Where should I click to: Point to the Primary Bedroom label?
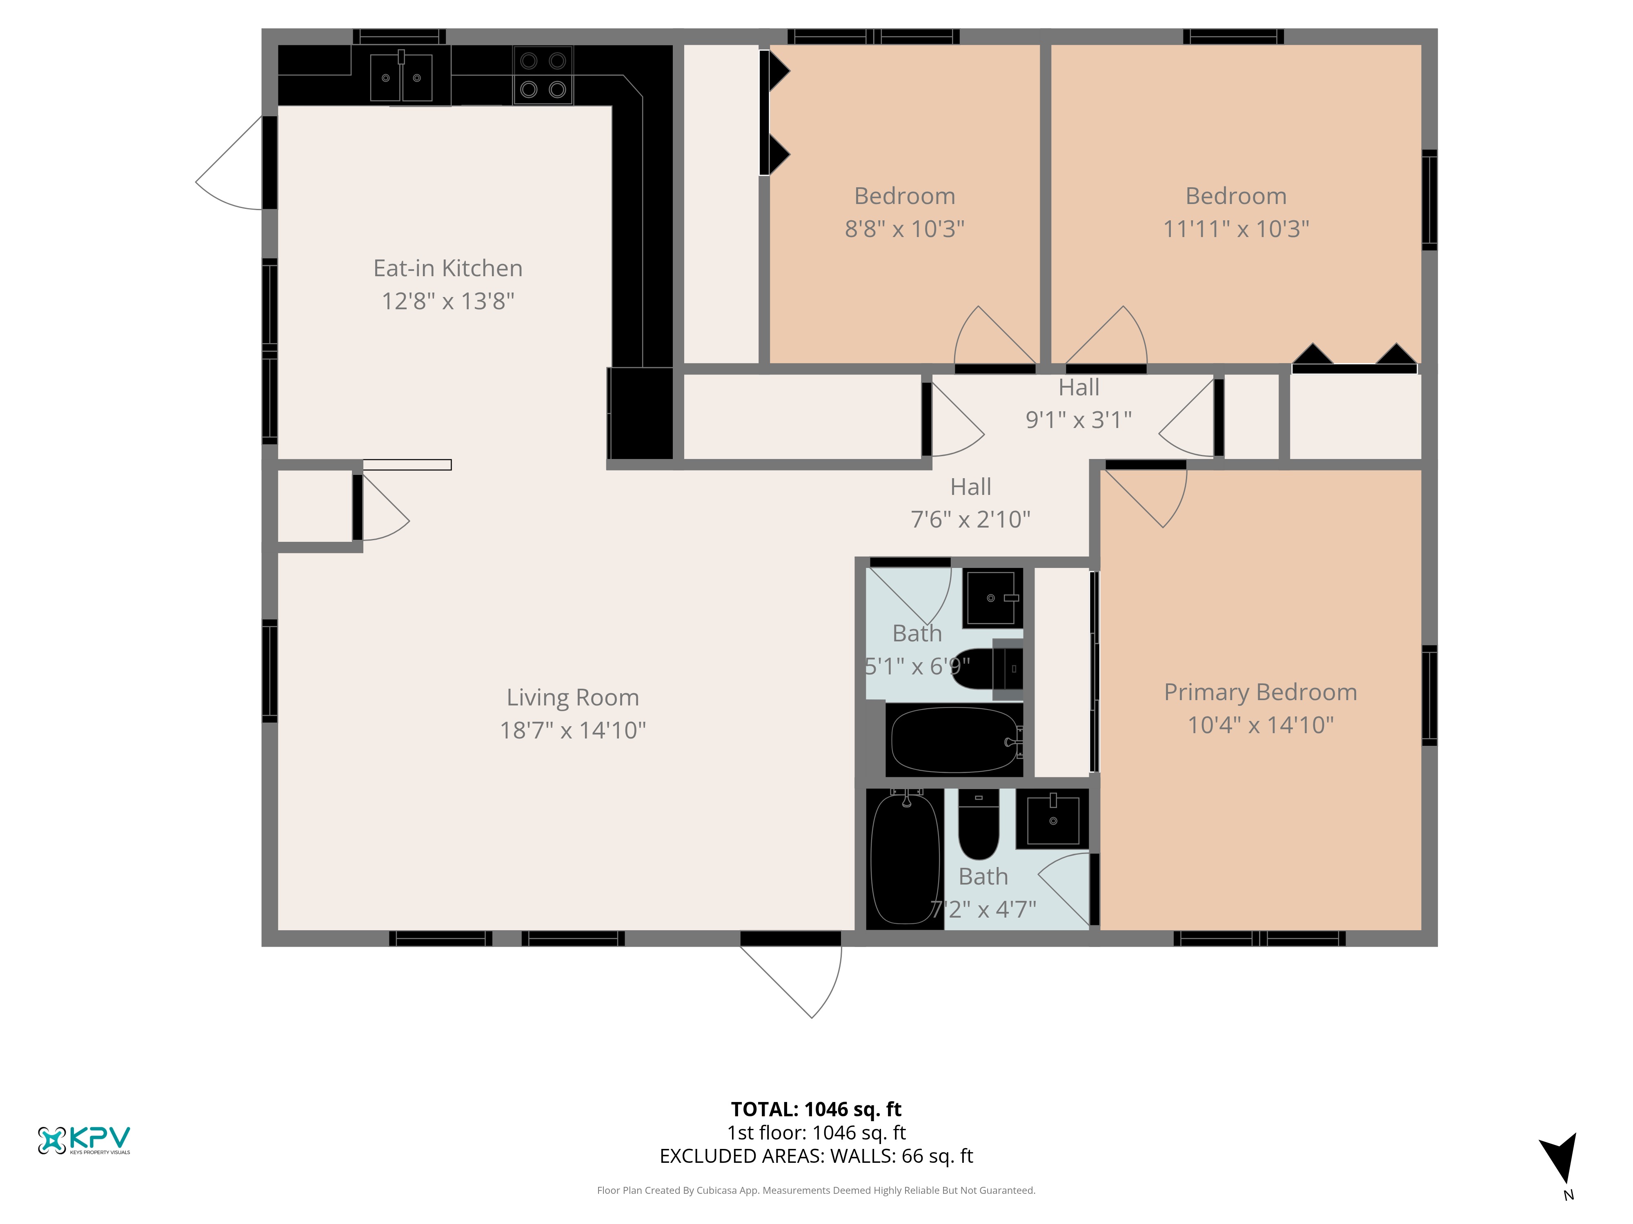click(x=1260, y=692)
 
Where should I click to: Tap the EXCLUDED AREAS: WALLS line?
click(x=816, y=1156)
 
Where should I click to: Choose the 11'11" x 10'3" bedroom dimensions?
click(x=1236, y=229)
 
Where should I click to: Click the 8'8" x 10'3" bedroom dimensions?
click(x=904, y=229)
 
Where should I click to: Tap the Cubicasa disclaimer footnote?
click(x=816, y=1190)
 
